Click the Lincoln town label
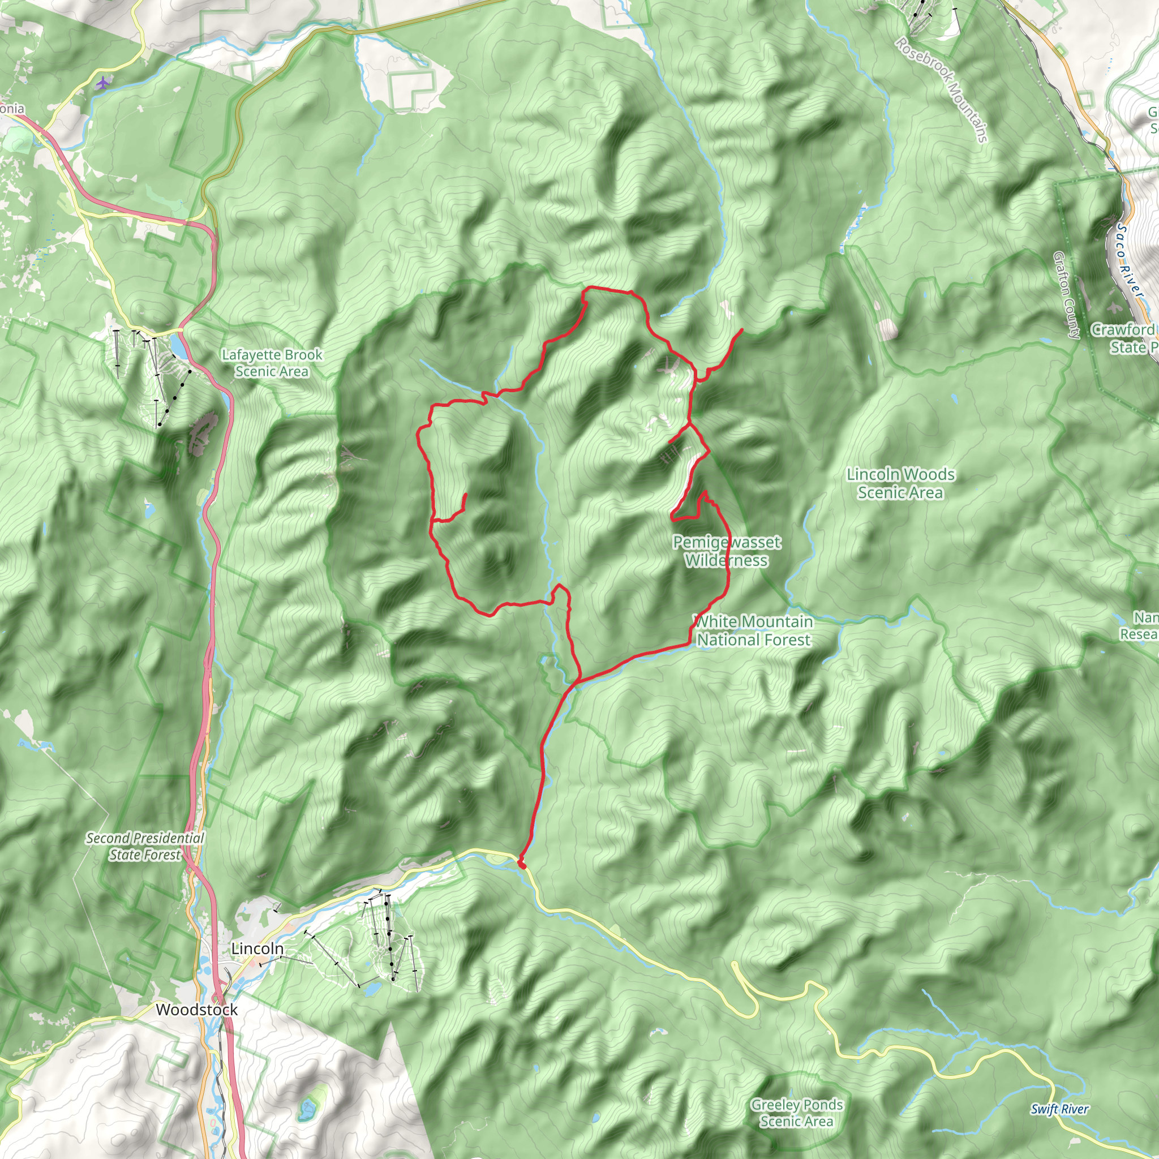tap(257, 948)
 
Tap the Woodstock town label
tap(197, 1010)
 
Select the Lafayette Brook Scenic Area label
tap(272, 363)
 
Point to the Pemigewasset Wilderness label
tap(727, 551)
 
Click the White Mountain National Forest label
tap(753, 630)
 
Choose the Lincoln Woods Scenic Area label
tap(900, 483)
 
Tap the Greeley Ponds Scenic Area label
tap(797, 1113)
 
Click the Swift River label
tap(1059, 1109)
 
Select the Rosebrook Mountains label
tap(942, 90)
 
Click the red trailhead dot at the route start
tap(522, 866)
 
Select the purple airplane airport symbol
tap(103, 82)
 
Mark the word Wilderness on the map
tap(727, 561)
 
